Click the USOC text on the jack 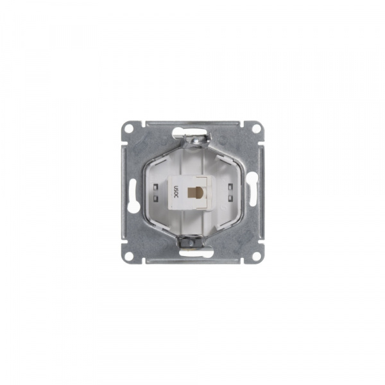[x=176, y=193]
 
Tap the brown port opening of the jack [x=193, y=193]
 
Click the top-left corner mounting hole [x=129, y=128]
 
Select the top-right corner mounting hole [x=256, y=128]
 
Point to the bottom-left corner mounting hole [x=129, y=256]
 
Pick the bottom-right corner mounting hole [x=256, y=256]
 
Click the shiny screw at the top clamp [x=196, y=141]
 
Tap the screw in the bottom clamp [x=191, y=243]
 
